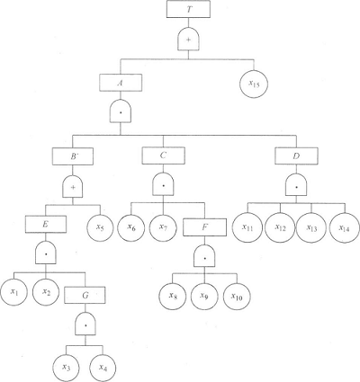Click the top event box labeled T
[x=188, y=10]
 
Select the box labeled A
[x=121, y=83]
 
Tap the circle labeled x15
[x=254, y=84]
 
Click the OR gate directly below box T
[x=188, y=40]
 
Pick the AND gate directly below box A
[x=121, y=111]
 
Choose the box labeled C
[x=163, y=155]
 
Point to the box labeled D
[x=296, y=155]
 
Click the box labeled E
[x=46, y=225]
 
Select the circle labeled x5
[x=101, y=227]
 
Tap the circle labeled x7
[x=163, y=227]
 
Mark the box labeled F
[x=204, y=227]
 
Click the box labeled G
[x=85, y=296]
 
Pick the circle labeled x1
[x=13, y=291]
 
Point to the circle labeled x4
[x=103, y=368]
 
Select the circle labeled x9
[x=204, y=297]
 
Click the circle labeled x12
[x=281, y=228]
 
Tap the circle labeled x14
[x=344, y=228]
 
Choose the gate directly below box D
[x=296, y=186]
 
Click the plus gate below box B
[x=73, y=187]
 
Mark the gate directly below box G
[x=85, y=324]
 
